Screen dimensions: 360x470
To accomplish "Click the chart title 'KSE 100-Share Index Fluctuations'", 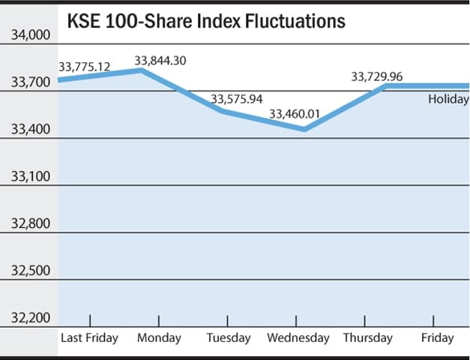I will (x=206, y=21).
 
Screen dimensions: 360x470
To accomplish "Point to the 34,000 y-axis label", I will (x=30, y=34).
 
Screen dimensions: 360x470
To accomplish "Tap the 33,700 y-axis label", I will (x=30, y=82).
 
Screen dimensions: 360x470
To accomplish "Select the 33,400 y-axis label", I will (x=30, y=129).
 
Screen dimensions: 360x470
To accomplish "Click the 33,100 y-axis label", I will (x=30, y=176).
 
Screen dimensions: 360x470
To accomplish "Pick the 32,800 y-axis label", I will (x=30, y=223).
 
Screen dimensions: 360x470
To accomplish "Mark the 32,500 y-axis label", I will (x=30, y=271).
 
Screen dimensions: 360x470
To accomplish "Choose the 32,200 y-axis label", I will (x=30, y=318).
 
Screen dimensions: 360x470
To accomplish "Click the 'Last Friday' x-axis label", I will (x=89, y=337).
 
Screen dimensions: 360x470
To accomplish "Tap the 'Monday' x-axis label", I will (x=160, y=337).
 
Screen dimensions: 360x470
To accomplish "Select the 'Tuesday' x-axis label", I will (x=229, y=337).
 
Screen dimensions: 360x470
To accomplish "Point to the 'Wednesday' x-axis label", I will (x=298, y=337).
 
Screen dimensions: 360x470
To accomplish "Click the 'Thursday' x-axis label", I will (x=368, y=337).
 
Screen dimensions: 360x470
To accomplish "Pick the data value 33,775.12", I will (x=85, y=67).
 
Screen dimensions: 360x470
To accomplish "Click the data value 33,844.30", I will (x=160, y=60).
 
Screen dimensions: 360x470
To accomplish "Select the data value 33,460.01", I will (x=295, y=114).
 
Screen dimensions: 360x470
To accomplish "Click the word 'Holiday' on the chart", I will (x=448, y=99).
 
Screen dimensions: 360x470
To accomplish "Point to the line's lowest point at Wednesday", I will (x=303, y=129).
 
